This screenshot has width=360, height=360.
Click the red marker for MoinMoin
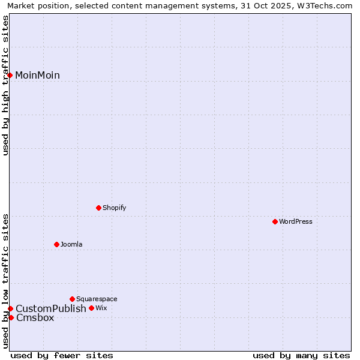pyautogui.click(x=10, y=75)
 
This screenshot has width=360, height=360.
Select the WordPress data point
pyautogui.click(x=275, y=221)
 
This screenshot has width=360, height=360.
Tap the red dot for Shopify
pyautogui.click(x=98, y=208)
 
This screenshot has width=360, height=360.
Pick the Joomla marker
pyautogui.click(x=56, y=244)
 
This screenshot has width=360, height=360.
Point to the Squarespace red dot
pyautogui.click(x=72, y=299)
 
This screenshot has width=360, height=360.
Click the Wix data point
pyautogui.click(x=91, y=308)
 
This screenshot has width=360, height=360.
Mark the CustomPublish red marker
pyautogui.click(x=10, y=308)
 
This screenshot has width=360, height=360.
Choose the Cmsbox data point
pyautogui.click(x=11, y=317)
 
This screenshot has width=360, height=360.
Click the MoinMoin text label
pyautogui.click(x=37, y=75)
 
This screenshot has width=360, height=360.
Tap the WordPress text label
pyautogui.click(x=296, y=221)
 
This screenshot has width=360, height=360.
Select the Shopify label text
pyautogui.click(x=114, y=208)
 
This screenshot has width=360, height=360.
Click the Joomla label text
pyautogui.click(x=71, y=244)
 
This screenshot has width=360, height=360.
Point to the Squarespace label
pyautogui.click(x=97, y=299)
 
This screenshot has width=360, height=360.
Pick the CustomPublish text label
pyautogui.click(x=51, y=308)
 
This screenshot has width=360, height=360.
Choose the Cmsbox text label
pyautogui.click(x=35, y=317)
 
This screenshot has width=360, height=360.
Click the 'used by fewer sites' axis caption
pyautogui.click(x=62, y=355)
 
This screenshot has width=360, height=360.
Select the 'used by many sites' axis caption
pyautogui.click(x=301, y=355)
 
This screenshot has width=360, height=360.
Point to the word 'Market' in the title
pyautogui.click(x=21, y=6)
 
